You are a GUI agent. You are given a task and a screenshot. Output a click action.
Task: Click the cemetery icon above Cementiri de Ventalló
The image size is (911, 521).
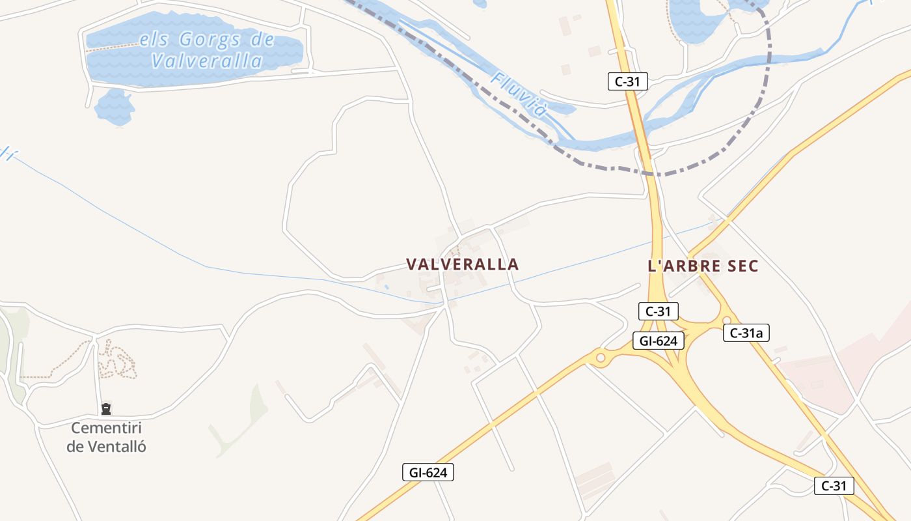pyautogui.click(x=106, y=409)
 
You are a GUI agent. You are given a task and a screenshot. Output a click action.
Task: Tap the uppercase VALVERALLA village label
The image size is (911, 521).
pyautogui.click(x=463, y=264)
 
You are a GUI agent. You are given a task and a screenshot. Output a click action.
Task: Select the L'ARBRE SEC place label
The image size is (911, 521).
pyautogui.click(x=703, y=266)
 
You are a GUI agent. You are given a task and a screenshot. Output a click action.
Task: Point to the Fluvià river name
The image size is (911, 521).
pyautogui.click(x=519, y=94)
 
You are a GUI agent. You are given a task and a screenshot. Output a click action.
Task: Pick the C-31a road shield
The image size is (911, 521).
pyautogui.click(x=746, y=333)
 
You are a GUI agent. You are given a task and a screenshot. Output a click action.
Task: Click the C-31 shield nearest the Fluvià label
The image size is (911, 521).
pyautogui.click(x=628, y=81)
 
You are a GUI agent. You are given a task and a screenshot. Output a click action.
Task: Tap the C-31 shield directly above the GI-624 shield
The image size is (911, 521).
pyautogui.click(x=659, y=311)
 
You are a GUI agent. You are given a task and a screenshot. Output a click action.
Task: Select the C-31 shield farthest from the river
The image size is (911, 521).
pyautogui.click(x=834, y=486)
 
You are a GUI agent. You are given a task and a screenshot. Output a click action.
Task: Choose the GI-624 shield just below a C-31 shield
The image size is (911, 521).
pyautogui.click(x=659, y=341)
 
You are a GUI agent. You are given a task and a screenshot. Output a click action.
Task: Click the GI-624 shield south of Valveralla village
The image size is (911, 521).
pyautogui.click(x=428, y=473)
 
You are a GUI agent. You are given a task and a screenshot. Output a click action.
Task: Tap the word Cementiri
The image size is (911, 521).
pyautogui.click(x=106, y=429)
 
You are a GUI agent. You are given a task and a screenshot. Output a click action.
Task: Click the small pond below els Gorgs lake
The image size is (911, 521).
pyautogui.click(x=114, y=106)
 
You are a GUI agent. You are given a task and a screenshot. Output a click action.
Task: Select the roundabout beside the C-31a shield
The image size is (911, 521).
pyautogui.click(x=726, y=320)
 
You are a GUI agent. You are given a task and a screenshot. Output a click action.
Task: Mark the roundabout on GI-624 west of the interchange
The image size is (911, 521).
pyautogui.click(x=600, y=358)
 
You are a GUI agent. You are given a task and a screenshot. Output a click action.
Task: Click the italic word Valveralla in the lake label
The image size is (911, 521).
pyautogui.click(x=207, y=61)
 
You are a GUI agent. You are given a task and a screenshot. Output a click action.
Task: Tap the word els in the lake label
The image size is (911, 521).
pyautogui.click(x=154, y=40)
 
